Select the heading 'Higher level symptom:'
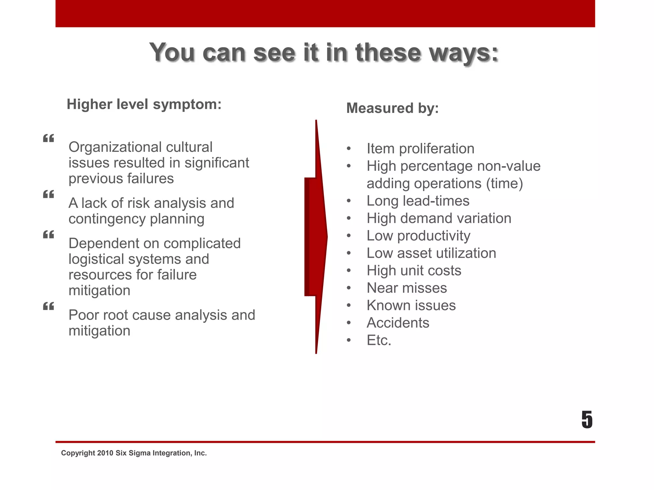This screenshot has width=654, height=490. pos(144,104)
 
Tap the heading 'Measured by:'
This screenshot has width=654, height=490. pos(392,108)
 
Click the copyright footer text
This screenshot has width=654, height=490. pos(134,453)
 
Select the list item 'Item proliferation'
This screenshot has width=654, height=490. pos(420,149)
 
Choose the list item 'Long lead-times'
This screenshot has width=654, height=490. pos(418,201)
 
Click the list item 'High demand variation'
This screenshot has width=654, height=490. pos(439,219)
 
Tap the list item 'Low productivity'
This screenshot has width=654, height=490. pos(418,236)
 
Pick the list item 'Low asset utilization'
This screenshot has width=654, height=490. pos(431,253)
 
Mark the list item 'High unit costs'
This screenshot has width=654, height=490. pos(414,271)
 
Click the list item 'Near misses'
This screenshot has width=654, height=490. pos(407,288)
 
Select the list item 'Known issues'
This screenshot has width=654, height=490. pos(411,306)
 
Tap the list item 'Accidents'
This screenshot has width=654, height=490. pos(398,323)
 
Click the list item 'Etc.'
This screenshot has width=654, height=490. pos(379,340)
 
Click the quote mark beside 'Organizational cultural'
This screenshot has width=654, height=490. pos(49,138)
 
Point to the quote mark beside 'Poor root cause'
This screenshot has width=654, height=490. pos(49,306)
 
